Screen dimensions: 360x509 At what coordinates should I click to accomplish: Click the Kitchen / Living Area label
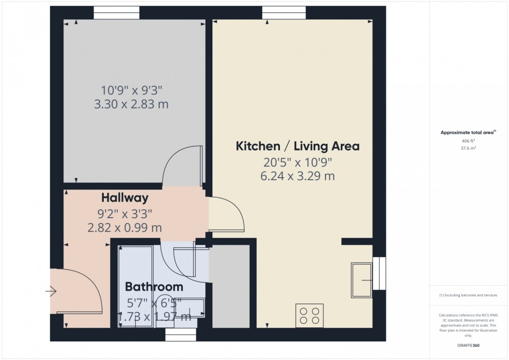click(x=298, y=146)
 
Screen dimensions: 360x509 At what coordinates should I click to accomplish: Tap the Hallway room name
click(x=125, y=197)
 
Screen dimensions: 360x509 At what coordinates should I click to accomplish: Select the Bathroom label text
click(x=154, y=287)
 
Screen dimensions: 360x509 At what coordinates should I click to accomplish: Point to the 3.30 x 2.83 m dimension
click(x=131, y=104)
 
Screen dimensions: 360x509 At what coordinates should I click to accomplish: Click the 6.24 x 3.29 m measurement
click(x=298, y=176)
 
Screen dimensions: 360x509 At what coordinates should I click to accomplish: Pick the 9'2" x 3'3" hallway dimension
click(x=125, y=212)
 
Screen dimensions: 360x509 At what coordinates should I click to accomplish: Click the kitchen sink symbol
click(x=362, y=280)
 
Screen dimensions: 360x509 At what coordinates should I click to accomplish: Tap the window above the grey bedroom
click(x=116, y=10)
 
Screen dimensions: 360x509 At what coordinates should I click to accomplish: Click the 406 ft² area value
click(x=469, y=141)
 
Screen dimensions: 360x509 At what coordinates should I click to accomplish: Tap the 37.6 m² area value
click(x=469, y=148)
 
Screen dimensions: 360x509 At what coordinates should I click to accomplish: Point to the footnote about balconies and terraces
click(x=469, y=295)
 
